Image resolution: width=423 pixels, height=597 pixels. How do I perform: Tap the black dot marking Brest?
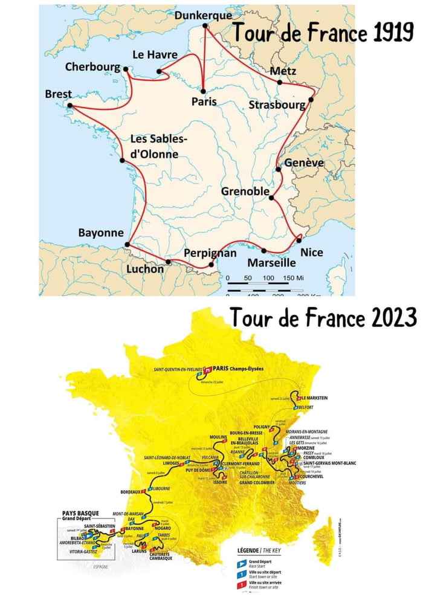pyautogui.click(x=69, y=107)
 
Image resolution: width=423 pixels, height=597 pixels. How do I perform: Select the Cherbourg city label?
pyautogui.click(x=94, y=66)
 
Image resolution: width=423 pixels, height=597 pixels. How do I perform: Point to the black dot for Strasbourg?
pyautogui.click(x=312, y=99)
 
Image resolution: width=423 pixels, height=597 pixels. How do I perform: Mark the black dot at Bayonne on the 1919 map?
pyautogui.click(x=127, y=245)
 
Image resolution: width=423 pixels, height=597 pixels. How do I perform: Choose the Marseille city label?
pyautogui.click(x=271, y=263)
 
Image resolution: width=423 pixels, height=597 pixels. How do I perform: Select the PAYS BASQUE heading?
pyautogui.click(x=80, y=514)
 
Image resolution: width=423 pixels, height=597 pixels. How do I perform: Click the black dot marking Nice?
pyautogui.click(x=299, y=240)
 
